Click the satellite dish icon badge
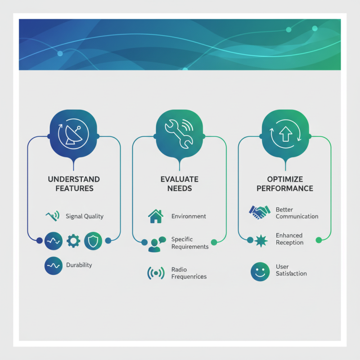(73, 134)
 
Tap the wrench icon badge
(179, 134)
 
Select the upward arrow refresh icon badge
(285, 134)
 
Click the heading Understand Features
(74, 184)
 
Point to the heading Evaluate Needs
(180, 184)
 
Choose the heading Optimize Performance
(285, 184)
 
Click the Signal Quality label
(85, 216)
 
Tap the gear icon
(73, 241)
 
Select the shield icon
(93, 241)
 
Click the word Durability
(79, 265)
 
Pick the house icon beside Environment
(156, 216)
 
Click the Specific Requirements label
(190, 243)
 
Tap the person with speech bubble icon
(157, 244)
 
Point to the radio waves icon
(156, 273)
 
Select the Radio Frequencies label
(189, 273)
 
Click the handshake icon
(260, 212)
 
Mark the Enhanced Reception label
(289, 239)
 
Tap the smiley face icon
(260, 272)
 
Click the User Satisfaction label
(291, 270)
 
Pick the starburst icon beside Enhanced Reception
(261, 241)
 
